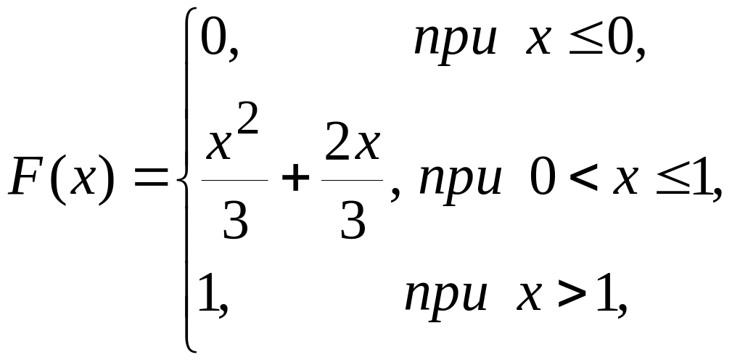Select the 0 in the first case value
point(213,41)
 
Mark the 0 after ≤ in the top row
point(621,41)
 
